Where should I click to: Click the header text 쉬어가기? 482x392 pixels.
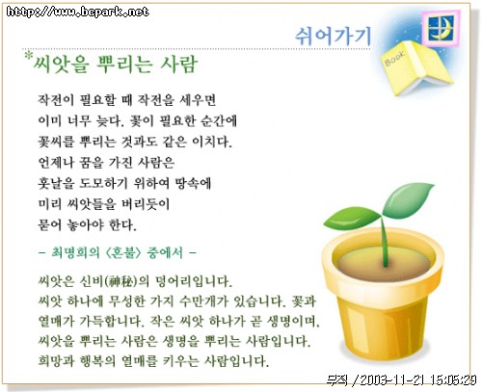333,35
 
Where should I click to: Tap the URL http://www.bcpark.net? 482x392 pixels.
77,12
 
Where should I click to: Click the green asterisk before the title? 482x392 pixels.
29,56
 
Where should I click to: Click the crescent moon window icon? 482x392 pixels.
441,28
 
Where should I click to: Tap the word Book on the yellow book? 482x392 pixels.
394,58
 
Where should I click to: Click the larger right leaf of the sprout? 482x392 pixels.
408,199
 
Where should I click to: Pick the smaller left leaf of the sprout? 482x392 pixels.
352,218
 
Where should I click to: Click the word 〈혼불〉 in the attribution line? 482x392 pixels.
123,252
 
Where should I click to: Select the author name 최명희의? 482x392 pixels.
75,252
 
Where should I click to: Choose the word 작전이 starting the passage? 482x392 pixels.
56,100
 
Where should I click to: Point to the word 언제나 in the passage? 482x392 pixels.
56,163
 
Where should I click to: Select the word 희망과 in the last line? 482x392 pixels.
56,360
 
